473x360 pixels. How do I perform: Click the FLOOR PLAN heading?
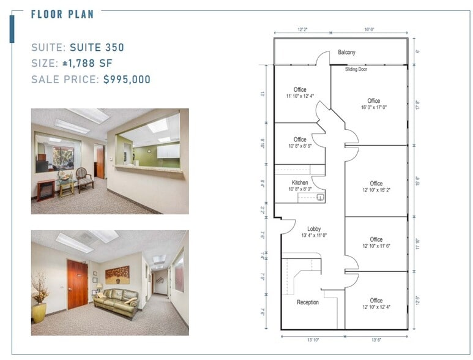click(62, 14)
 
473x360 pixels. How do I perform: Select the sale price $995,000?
click(127, 80)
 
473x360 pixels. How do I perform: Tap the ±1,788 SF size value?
click(87, 63)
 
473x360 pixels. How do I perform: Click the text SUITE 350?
click(97, 47)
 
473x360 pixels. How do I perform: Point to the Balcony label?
click(346, 53)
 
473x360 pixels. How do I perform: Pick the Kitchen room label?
click(300, 183)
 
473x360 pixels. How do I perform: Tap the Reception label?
click(308, 302)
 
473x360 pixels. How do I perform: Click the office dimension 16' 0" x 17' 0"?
click(373, 108)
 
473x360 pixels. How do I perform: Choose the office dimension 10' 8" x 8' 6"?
click(299, 146)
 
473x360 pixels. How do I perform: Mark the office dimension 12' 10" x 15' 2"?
click(376, 190)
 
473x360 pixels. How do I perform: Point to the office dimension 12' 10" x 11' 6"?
click(376, 246)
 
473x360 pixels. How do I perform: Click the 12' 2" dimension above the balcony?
click(302, 29)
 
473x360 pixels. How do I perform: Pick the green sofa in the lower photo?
click(116, 303)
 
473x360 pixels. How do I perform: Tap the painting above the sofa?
click(117, 274)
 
